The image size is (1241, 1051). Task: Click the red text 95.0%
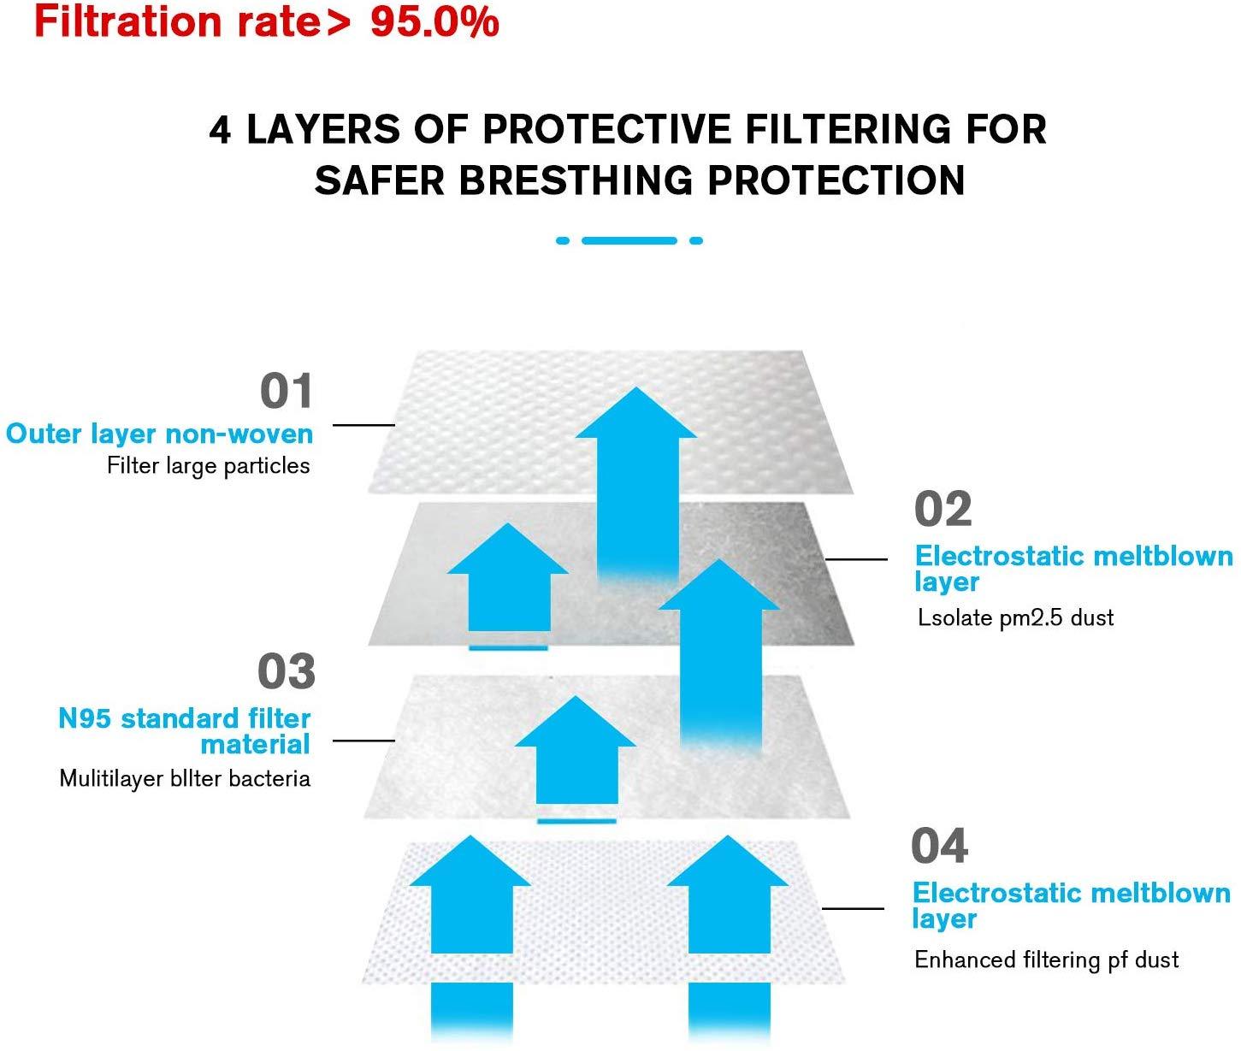(434, 22)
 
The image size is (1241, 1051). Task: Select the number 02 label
(943, 510)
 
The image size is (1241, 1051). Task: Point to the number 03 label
(287, 671)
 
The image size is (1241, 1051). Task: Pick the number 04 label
(939, 846)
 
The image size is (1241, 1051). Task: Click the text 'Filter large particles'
(208, 466)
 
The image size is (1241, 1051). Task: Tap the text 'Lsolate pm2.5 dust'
(1015, 617)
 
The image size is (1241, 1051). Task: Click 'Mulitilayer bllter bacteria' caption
(184, 779)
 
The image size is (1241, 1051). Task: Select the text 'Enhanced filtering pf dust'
(1046, 959)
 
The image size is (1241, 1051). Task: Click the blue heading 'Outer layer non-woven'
(159, 434)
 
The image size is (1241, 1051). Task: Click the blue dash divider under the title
(629, 241)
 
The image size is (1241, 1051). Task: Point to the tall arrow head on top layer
(635, 415)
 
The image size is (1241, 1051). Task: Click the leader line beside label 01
(363, 425)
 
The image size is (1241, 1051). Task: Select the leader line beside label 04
(853, 908)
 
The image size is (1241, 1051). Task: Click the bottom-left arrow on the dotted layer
(470, 898)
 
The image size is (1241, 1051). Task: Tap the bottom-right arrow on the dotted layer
(728, 898)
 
